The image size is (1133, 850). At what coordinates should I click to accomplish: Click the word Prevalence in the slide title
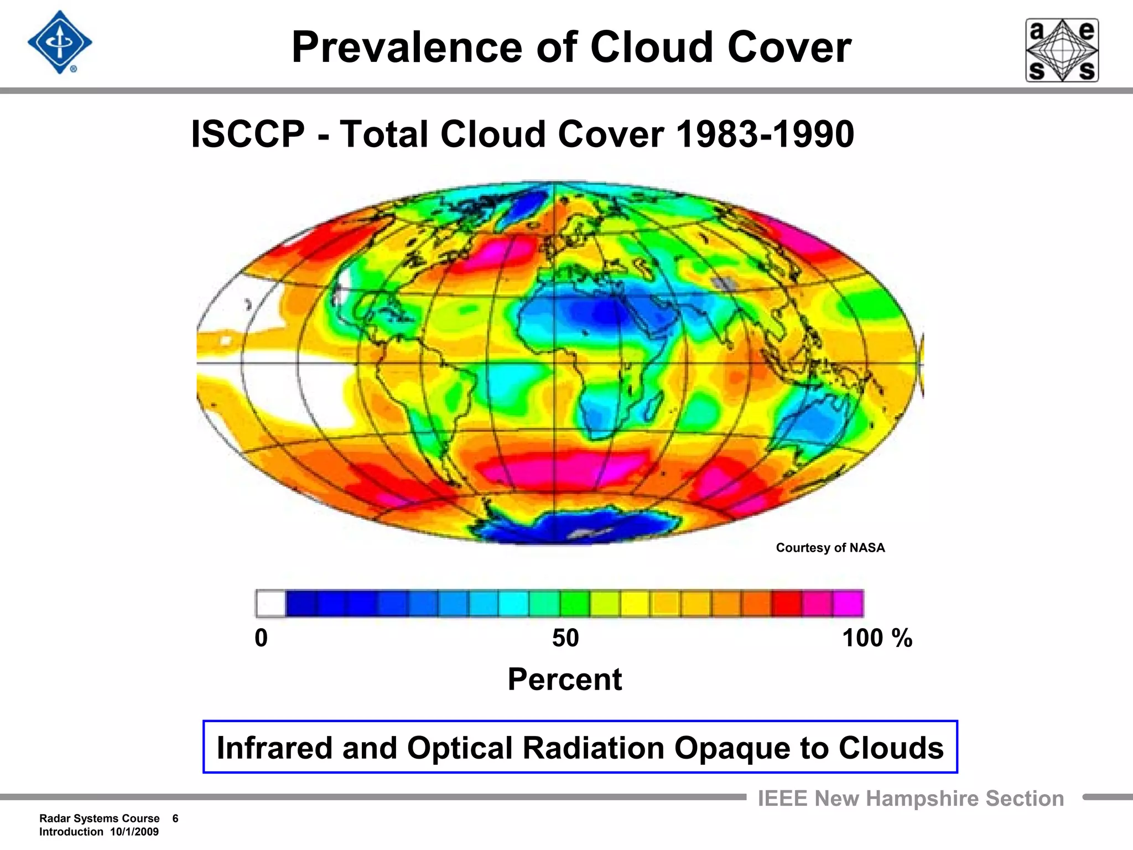407,48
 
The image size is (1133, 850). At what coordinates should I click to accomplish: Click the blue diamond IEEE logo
60,43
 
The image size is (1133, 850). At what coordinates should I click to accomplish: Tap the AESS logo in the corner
1062,50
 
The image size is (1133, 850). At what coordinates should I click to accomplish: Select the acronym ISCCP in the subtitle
248,134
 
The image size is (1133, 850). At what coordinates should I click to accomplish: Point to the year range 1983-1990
765,134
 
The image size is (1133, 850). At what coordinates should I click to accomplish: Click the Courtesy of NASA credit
830,548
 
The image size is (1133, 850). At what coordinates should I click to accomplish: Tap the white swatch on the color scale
271,603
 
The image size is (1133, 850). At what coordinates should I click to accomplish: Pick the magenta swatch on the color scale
848,603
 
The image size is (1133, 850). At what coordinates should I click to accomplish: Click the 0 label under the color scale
261,638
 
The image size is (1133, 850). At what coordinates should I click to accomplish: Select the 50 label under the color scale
565,638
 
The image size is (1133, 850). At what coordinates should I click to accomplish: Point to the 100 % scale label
876,638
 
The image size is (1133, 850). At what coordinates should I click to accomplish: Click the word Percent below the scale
565,680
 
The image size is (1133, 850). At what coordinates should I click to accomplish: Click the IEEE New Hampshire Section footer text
911,799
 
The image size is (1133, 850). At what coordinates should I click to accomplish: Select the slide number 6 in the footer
175,818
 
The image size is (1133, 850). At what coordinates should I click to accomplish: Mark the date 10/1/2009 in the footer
134,832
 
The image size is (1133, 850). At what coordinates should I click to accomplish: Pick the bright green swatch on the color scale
574,603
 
